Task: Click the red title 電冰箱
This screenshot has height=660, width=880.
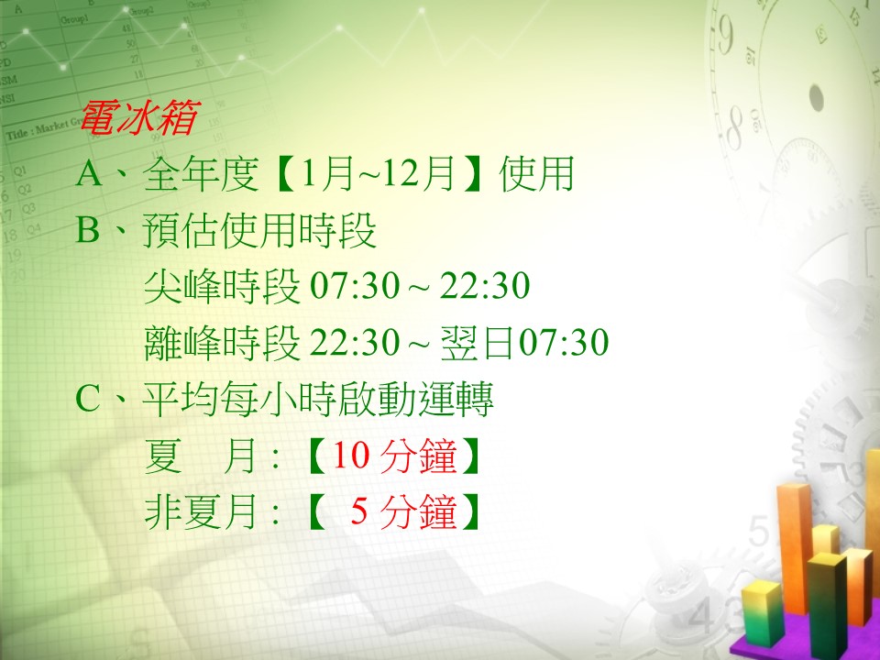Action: tap(139, 118)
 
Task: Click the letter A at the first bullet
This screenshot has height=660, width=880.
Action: tap(89, 173)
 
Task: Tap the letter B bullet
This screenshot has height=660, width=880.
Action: tap(88, 230)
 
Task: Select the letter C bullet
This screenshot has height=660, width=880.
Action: tap(88, 399)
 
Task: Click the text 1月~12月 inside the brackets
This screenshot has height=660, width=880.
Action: tap(377, 173)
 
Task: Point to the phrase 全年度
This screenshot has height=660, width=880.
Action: tap(201, 173)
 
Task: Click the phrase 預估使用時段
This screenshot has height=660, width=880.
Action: tap(259, 230)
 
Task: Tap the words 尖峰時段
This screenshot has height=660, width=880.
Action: tap(222, 286)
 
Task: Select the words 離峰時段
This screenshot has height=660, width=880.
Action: tap(222, 342)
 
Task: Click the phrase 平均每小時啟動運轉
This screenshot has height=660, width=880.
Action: tap(318, 399)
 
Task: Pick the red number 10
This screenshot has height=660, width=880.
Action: tap(350, 456)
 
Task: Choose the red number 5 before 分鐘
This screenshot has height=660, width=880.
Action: tap(359, 511)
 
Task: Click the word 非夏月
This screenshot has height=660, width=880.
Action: tap(202, 511)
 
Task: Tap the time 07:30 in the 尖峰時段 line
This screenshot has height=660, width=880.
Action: tap(354, 286)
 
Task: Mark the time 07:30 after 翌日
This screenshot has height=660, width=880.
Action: tap(563, 342)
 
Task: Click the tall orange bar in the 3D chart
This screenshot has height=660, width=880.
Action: tap(794, 547)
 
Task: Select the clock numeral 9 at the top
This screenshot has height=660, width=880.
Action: tap(725, 36)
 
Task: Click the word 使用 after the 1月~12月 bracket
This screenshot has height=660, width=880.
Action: tap(536, 173)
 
